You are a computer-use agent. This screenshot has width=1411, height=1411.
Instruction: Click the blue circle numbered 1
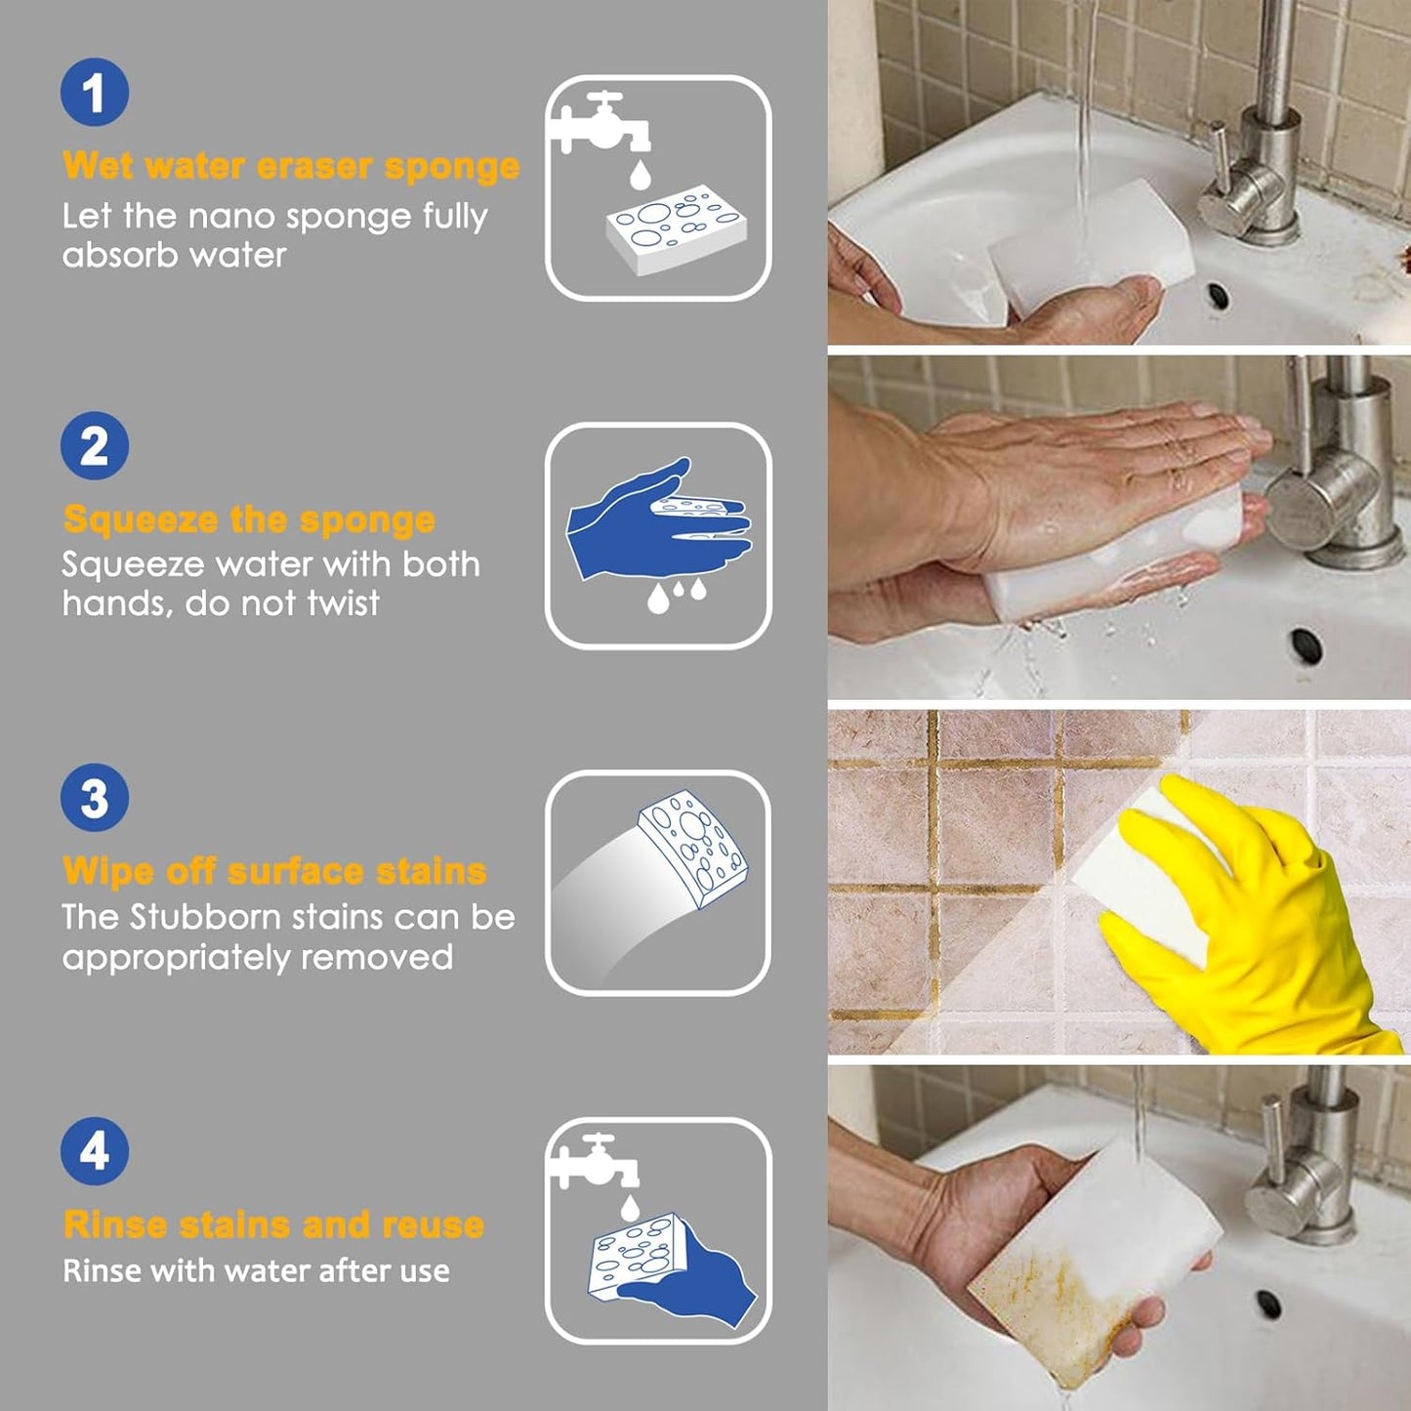94,93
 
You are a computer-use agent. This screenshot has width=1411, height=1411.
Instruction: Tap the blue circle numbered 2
94,446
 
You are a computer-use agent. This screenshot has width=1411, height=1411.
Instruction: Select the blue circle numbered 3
94,798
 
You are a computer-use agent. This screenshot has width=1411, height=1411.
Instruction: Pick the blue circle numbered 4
94,1151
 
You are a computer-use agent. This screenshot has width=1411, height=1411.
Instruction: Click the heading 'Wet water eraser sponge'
291,166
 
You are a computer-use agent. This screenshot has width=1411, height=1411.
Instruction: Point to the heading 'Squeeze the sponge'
249,519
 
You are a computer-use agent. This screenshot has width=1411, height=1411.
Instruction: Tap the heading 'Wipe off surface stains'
274,871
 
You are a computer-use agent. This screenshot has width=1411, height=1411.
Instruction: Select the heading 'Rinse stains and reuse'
273,1224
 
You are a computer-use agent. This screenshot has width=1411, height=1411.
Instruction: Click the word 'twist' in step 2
343,603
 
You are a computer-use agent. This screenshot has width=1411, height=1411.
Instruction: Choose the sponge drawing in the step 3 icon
691,846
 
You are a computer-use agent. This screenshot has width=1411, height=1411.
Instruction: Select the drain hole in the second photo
1306,643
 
